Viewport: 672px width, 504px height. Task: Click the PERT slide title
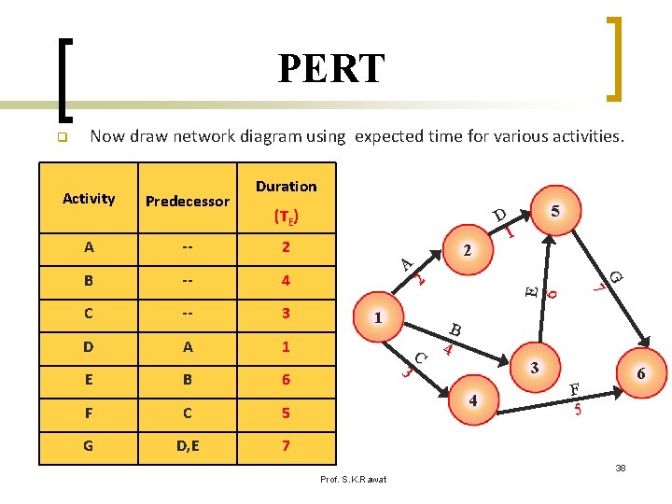coord(330,68)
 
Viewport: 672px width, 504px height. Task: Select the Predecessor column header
coord(188,201)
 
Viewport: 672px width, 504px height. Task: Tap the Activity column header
coord(89,198)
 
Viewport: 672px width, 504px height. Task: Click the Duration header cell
coord(286,186)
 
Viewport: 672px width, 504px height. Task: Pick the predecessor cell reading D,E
coord(188,445)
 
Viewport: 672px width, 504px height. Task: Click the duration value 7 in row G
coord(286,445)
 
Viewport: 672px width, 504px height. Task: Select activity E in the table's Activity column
coord(89,380)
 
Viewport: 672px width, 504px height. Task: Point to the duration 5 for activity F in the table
coord(286,413)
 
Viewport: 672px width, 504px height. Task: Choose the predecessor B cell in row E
coord(188,380)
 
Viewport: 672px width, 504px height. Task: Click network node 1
coord(378,318)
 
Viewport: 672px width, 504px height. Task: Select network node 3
coord(534,368)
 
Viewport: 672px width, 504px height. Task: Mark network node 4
coord(473,401)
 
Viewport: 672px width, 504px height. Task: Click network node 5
coord(555,211)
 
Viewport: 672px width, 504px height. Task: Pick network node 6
coord(640,373)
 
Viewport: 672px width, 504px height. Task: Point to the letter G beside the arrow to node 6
coord(616,275)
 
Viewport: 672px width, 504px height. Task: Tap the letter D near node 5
coord(500,217)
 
